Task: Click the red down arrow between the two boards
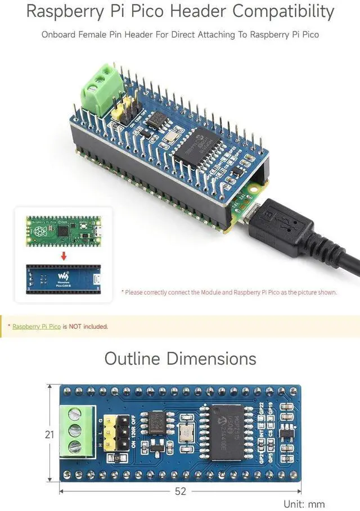coord(64,256)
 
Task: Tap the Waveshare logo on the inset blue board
coord(63,277)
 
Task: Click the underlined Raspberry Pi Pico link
coord(37,326)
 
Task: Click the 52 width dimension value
coord(180,491)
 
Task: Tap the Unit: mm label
coord(304,504)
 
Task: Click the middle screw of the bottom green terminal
coord(74,431)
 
